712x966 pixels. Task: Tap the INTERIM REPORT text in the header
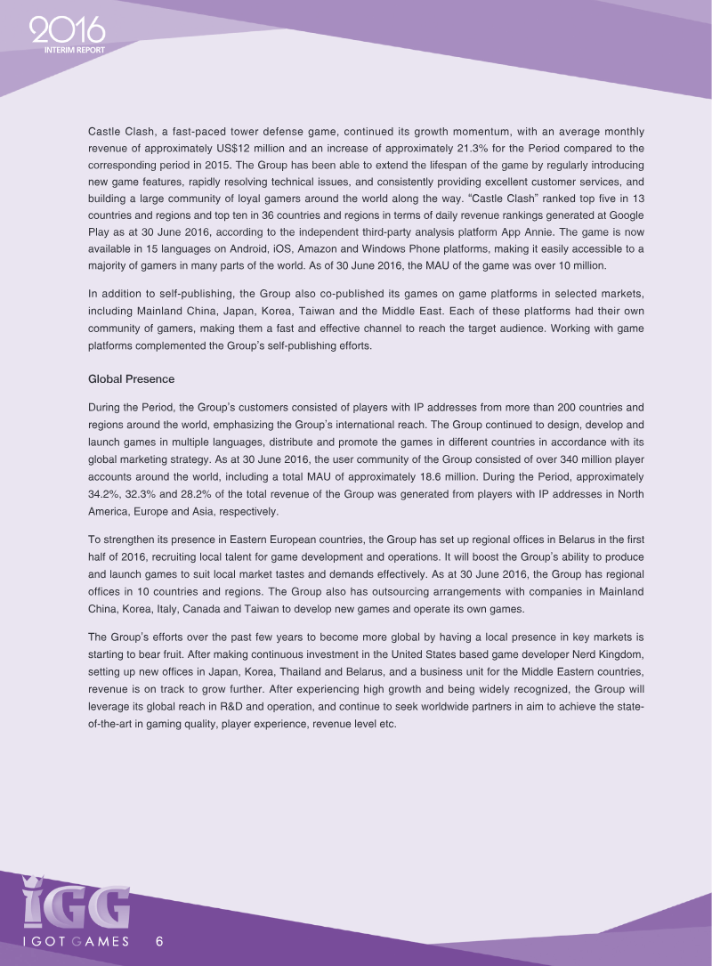(75, 50)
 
